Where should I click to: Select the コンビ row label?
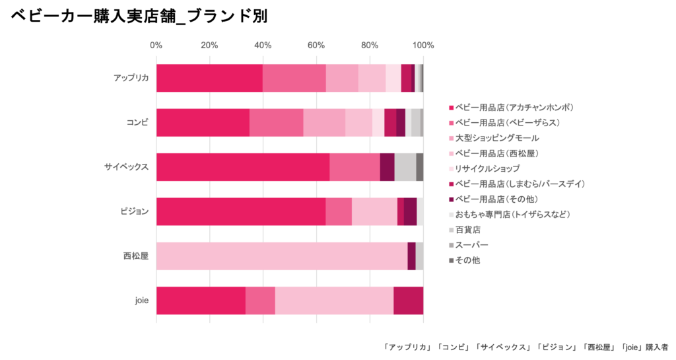137,123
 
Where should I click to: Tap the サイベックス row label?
125,167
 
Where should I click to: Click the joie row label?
141,301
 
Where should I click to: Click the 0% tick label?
156,46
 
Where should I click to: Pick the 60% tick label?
316,46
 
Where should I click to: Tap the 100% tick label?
422,46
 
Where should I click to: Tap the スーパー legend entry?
471,245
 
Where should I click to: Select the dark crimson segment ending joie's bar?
408,301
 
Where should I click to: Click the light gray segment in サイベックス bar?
405,167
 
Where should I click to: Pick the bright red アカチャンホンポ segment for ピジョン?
241,211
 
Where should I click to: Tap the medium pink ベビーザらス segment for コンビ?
276,123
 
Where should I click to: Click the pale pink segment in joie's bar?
334,301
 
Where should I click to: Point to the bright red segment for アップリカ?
209,79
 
